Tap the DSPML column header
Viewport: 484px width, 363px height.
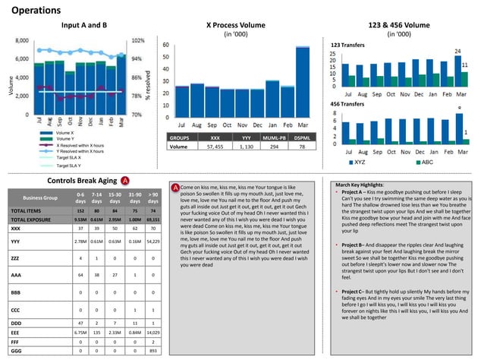[x=301, y=138]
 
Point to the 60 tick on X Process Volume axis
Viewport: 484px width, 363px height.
[x=165, y=45]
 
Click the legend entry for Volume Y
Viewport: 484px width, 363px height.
[x=65, y=139]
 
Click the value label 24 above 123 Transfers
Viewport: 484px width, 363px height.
[x=457, y=51]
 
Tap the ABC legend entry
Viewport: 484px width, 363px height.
[x=426, y=162]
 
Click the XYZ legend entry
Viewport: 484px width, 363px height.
[x=360, y=162]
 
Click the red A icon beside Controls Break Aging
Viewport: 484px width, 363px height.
[x=124, y=181]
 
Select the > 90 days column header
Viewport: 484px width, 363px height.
[x=152, y=200]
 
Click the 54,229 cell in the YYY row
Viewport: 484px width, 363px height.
[x=152, y=241]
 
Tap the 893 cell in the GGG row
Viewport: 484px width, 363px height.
[x=152, y=352]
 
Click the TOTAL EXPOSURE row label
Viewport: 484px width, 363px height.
[x=31, y=219]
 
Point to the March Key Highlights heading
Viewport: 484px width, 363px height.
[x=363, y=185]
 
